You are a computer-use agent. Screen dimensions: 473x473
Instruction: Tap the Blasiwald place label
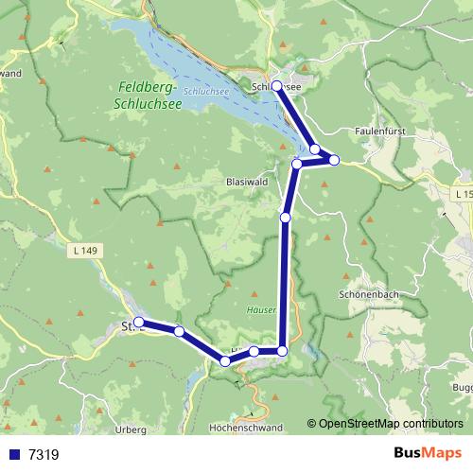(x=249, y=181)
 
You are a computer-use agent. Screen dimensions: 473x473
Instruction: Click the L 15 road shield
(x=462, y=193)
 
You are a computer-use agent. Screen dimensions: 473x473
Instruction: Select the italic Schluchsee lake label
(x=204, y=92)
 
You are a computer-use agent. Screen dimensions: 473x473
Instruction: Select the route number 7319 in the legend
(x=44, y=455)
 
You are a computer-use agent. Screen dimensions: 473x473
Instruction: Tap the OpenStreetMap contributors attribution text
(x=390, y=424)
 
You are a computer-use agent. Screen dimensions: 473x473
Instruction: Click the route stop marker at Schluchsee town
(x=277, y=86)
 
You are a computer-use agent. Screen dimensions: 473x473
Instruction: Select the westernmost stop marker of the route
(x=139, y=323)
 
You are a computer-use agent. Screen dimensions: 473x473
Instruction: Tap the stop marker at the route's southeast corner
(x=282, y=351)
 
